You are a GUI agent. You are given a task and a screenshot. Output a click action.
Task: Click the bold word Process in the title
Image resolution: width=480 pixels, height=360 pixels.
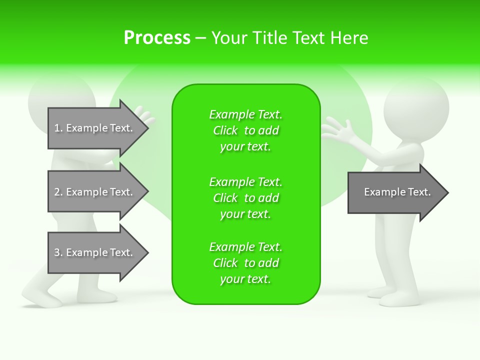157,38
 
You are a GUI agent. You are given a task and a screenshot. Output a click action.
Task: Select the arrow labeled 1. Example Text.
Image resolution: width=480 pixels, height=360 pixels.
97,128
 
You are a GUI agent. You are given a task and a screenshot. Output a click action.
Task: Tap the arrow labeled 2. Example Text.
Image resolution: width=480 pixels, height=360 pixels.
97,192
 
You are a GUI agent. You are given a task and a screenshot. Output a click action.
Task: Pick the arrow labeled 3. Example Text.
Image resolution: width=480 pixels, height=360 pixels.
97,252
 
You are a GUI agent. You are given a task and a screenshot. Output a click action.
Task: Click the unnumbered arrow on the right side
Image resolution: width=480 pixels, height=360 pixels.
397,192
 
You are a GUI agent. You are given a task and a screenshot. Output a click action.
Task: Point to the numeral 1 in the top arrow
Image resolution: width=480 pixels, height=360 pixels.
57,128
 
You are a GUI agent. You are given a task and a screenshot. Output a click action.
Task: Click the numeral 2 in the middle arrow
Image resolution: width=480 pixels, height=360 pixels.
57,192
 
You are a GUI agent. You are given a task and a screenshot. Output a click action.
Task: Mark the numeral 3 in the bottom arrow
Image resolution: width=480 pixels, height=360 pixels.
57,253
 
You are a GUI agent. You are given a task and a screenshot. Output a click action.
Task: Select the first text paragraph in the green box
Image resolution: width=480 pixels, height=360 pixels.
245,130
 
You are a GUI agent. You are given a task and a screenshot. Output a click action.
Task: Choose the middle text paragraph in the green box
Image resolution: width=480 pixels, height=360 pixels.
245,198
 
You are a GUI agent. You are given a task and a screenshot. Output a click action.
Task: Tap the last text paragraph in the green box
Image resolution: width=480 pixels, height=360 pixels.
245,263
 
